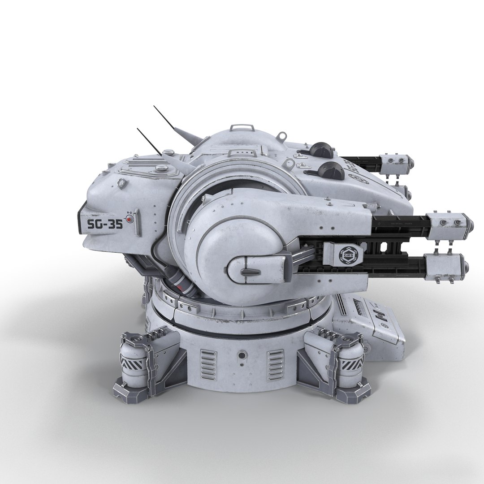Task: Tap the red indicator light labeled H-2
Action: click(130, 220)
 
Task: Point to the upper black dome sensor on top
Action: click(322, 150)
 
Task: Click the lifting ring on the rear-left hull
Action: click(120, 183)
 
